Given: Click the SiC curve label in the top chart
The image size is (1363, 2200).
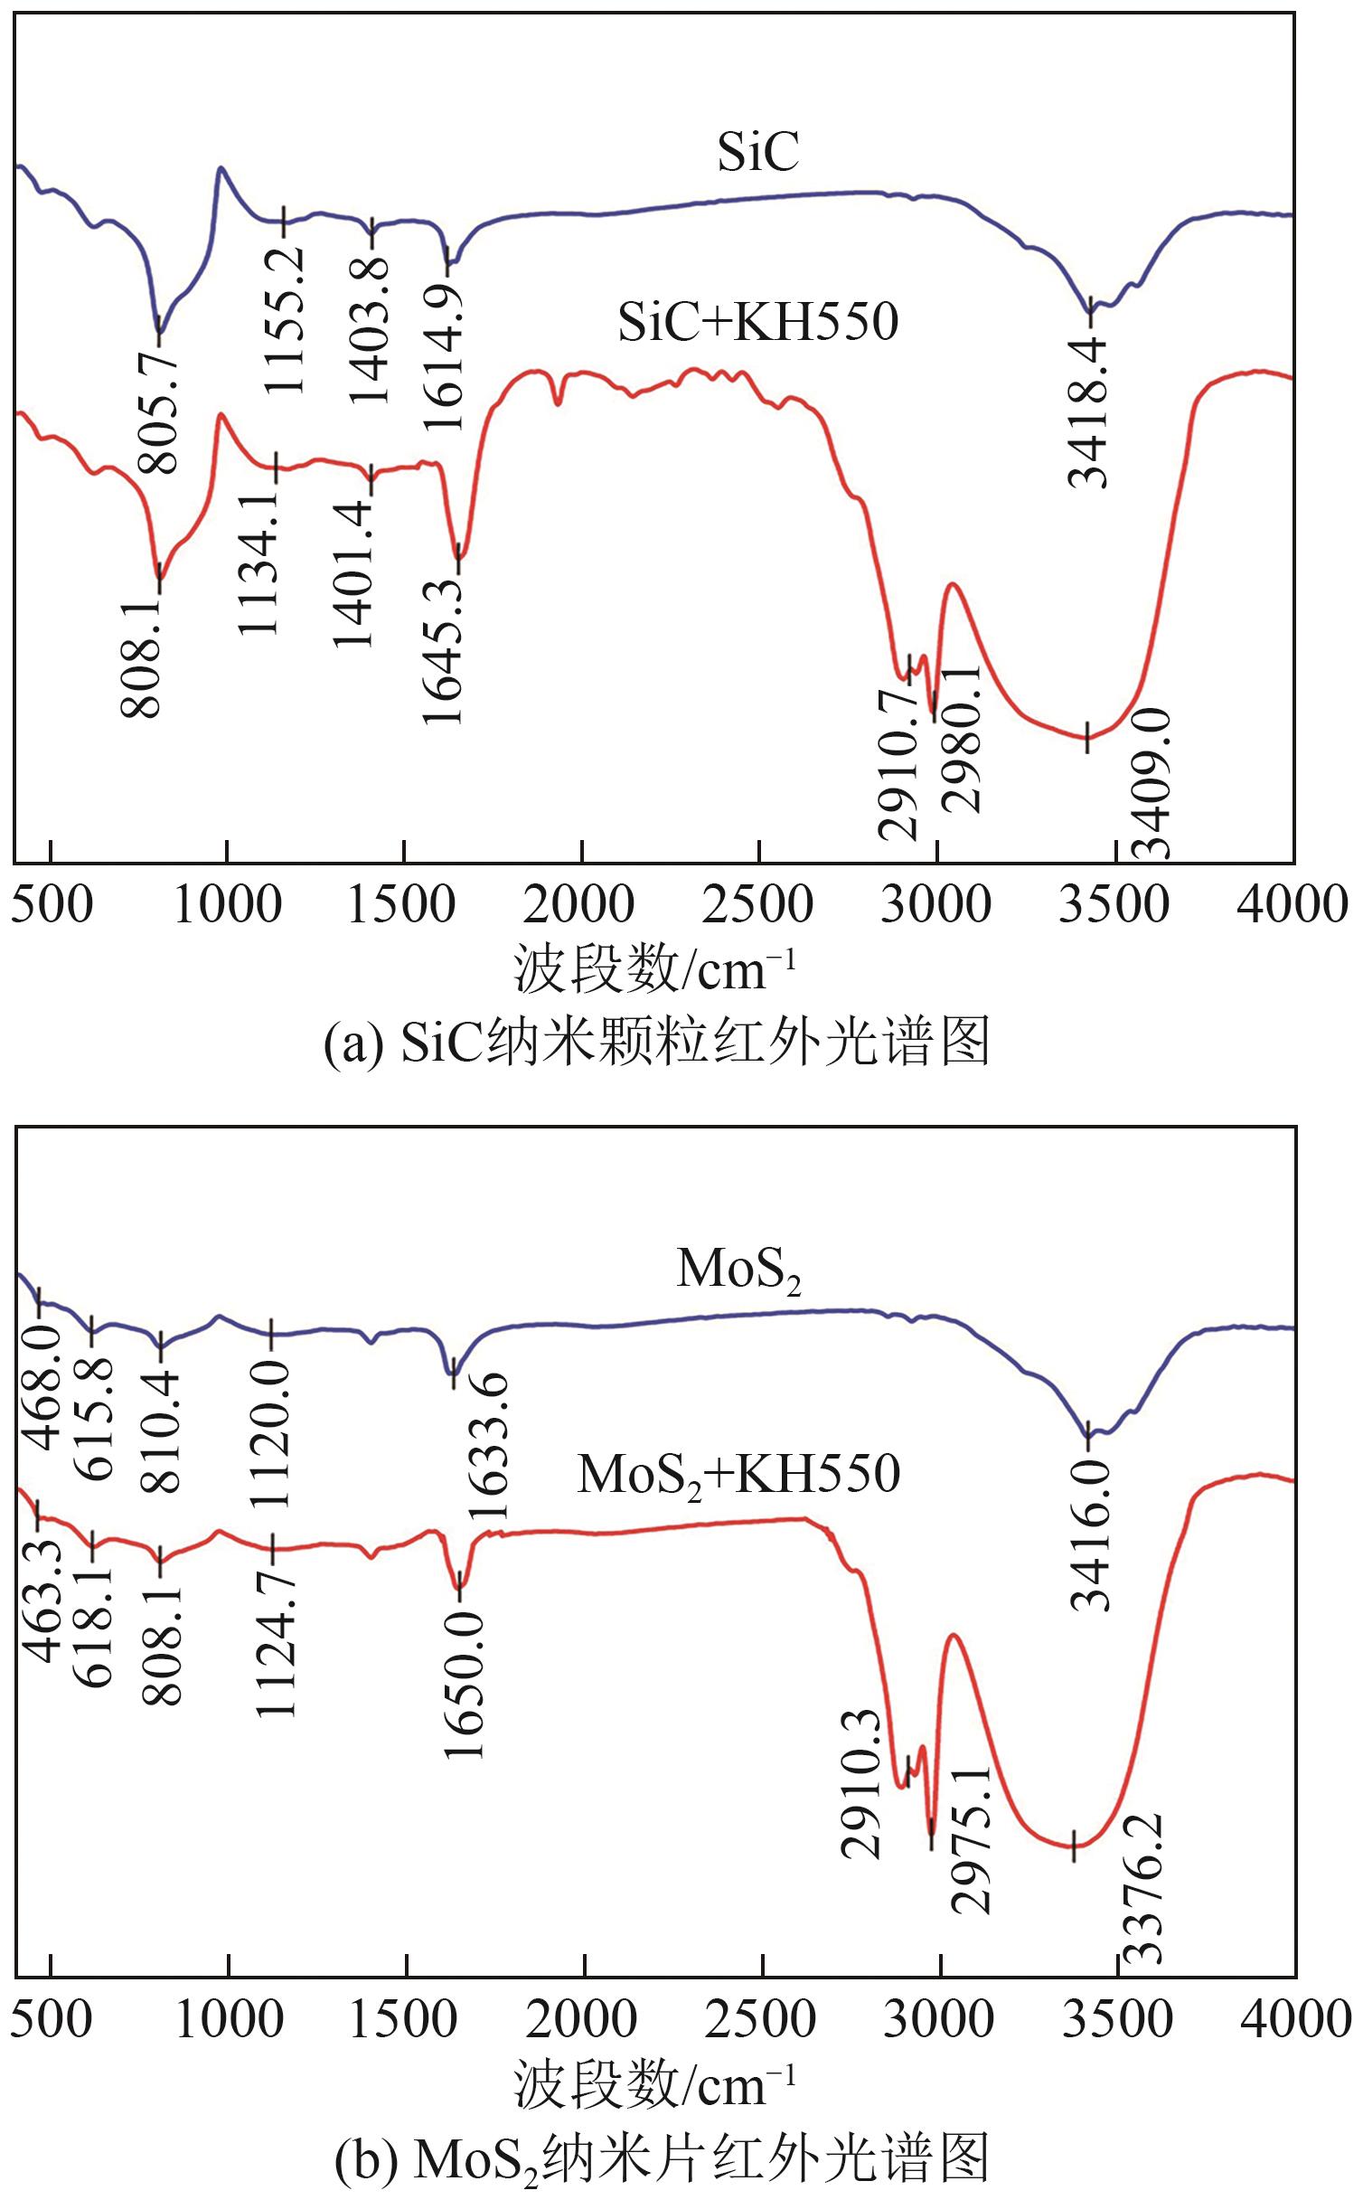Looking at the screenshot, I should pyautogui.click(x=757, y=151).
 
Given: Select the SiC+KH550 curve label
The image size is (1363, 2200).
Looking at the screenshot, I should pyautogui.click(x=757, y=322).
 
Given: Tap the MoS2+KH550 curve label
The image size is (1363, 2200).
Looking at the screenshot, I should pyautogui.click(x=738, y=1475).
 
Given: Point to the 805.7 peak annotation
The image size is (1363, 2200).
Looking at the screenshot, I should pyautogui.click(x=159, y=413).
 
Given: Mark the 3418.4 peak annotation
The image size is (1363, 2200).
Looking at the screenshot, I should pyautogui.click(x=1087, y=412).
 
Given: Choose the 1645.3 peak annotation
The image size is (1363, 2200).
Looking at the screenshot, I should pyautogui.click(x=443, y=648).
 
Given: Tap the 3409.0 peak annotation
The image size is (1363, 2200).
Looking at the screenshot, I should pyautogui.click(x=1152, y=784).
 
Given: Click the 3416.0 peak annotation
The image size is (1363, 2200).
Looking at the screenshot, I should pyautogui.click(x=1090, y=1536).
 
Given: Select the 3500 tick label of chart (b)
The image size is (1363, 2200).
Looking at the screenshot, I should pyautogui.click(x=1117, y=2020).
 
